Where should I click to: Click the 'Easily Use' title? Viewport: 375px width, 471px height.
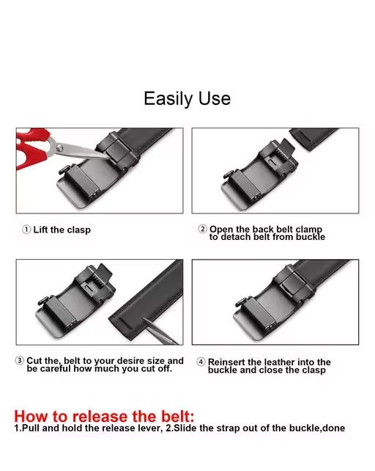[187, 99]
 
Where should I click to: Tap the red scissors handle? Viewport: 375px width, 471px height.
[32, 147]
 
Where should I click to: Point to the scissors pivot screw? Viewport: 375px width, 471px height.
[60, 147]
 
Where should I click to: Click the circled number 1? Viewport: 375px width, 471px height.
[26, 230]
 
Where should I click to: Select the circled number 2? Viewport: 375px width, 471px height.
[202, 229]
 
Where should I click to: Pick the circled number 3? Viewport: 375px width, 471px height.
[20, 360]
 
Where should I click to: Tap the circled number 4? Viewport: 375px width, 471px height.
[201, 362]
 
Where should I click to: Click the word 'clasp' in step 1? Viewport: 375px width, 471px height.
[78, 230]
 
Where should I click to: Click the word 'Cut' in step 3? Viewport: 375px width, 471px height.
[34, 360]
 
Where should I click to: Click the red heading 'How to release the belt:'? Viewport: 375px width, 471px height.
[104, 416]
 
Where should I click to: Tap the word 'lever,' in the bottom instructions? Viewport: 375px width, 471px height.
[151, 428]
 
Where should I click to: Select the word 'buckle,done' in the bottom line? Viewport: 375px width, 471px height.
[317, 428]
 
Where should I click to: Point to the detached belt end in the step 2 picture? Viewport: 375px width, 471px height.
[313, 138]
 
